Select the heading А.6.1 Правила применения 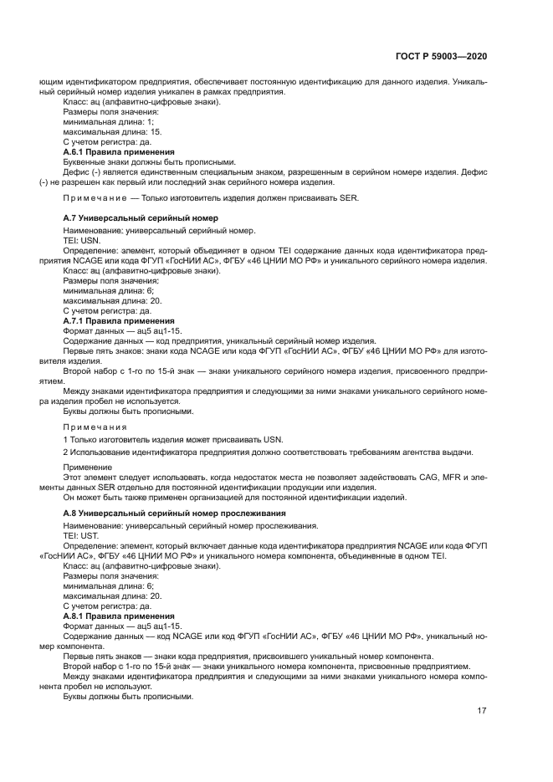119,152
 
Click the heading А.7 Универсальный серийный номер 141,217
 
